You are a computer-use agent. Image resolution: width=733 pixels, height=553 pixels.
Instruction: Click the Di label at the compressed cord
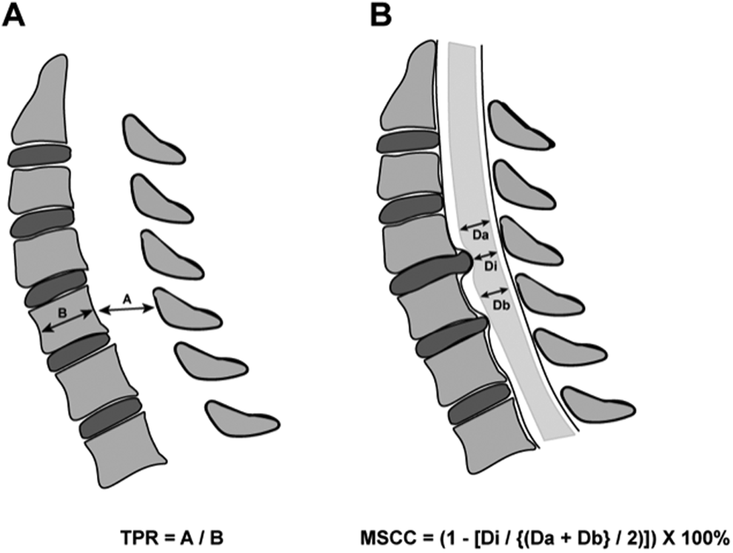[489, 266]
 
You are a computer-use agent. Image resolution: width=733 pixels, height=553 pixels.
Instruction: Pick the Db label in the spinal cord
[501, 305]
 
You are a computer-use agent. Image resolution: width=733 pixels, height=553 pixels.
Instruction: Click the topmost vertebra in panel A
[44, 98]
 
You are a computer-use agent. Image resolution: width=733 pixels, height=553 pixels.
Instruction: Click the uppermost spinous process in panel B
[521, 125]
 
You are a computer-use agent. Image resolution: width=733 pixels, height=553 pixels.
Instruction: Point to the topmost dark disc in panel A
[40, 155]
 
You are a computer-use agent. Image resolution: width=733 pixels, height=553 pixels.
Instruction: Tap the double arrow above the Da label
[475, 225]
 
